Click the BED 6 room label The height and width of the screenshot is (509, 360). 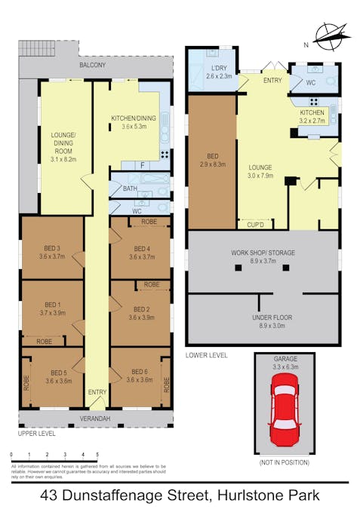click(140, 370)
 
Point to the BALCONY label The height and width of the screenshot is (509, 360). click(94, 66)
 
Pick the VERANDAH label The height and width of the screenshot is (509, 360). click(95, 419)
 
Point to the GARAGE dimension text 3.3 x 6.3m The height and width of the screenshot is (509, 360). click(284, 367)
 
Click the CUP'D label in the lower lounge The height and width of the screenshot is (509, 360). click(255, 224)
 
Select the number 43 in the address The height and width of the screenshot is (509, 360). click(51, 495)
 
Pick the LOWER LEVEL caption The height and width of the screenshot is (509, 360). click(206, 354)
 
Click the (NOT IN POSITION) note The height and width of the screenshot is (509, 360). click(284, 462)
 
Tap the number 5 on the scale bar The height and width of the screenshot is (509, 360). click(97, 455)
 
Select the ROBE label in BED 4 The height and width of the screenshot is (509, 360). click(149, 222)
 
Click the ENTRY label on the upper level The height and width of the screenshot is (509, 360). click(97, 392)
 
